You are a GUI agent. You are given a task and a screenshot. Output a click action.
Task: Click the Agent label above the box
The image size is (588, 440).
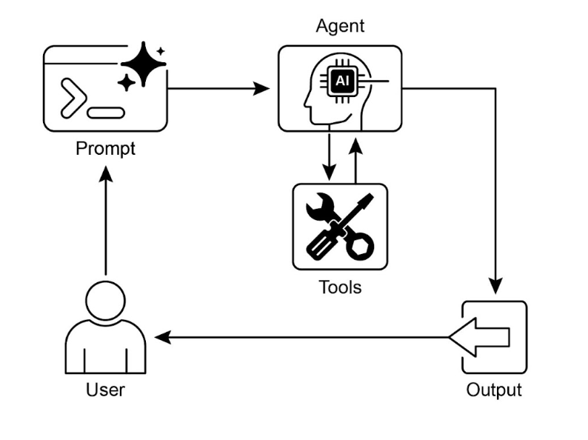point(340,27)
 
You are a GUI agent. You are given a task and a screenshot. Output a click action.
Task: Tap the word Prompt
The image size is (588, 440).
point(106,148)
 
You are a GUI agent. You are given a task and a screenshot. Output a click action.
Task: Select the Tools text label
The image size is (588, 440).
point(340,286)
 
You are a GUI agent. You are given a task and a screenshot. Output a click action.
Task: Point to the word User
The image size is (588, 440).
point(105,389)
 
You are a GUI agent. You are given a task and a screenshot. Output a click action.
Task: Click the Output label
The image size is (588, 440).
point(494,390)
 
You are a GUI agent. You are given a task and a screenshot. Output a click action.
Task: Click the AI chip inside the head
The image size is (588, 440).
point(341,81)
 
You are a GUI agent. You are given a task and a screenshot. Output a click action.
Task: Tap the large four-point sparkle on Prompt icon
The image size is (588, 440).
point(144,66)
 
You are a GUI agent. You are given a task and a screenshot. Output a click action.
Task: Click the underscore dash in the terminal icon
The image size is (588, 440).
point(105,114)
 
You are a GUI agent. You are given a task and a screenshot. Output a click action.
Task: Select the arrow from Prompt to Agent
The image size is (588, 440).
point(218,89)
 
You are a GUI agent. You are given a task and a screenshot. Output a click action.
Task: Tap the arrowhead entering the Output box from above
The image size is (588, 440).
point(495,285)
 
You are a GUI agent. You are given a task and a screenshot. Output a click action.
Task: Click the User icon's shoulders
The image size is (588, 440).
point(105,348)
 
